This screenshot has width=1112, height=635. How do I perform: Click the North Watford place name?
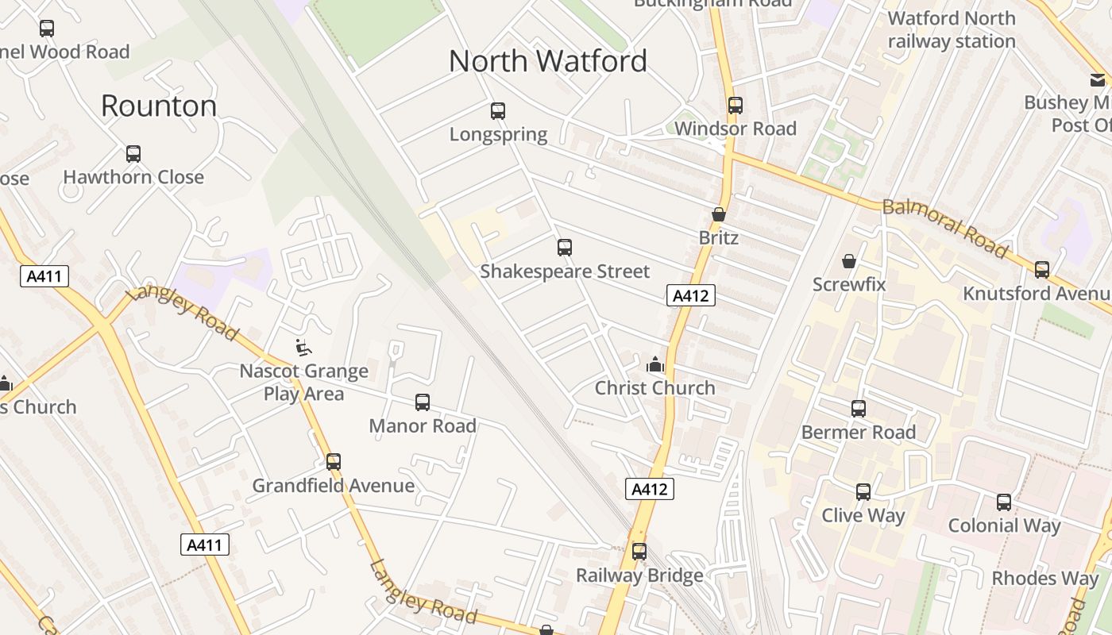548,61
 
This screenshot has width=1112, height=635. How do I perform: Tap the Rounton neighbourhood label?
159,106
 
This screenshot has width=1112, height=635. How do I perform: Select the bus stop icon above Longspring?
498,111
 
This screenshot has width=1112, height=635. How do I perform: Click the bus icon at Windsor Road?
736,105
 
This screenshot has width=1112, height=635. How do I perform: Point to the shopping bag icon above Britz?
719,214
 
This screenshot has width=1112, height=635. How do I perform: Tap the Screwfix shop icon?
849,260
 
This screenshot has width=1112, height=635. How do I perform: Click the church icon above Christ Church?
655,364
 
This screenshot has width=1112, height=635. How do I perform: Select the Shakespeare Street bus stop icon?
565,248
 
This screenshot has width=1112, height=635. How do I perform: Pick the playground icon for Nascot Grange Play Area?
303,347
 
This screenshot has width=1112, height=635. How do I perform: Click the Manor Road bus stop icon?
423,402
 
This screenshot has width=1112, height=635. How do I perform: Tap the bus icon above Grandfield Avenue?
334,461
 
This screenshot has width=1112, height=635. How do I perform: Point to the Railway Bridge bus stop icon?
639,551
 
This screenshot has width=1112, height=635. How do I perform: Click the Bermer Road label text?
859,433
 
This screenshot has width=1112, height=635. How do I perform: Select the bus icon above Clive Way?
863,492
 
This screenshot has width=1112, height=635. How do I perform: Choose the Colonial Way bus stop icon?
1004,502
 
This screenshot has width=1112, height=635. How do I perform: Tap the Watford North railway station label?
952,29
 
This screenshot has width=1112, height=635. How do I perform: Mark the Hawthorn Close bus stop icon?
133,154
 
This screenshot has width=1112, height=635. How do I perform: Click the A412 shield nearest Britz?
690,296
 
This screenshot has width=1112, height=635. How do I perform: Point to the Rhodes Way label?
1044,579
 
